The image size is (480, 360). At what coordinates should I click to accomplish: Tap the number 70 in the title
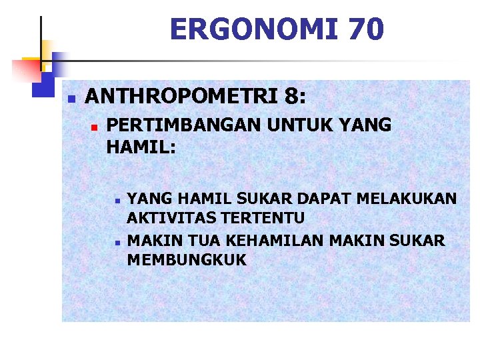point(363,29)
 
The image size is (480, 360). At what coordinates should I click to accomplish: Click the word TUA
point(198,240)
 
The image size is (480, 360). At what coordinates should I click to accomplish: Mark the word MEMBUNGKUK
point(187,259)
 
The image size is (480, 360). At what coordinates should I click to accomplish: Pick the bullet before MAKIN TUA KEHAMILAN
point(116,241)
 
